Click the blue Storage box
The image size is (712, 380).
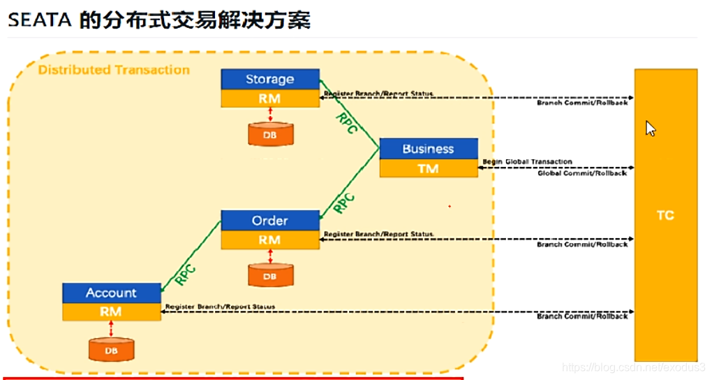[269, 79]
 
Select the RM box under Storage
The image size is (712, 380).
[269, 98]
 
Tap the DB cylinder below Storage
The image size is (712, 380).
[269, 134]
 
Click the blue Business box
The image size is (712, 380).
[428, 148]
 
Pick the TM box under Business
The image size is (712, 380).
[428, 168]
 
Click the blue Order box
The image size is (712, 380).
[269, 220]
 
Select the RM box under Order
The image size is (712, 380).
[269, 240]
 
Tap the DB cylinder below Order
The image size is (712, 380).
[269, 275]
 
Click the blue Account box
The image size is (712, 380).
[111, 293]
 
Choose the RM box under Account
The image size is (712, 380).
[111, 312]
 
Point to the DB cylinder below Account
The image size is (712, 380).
[111, 349]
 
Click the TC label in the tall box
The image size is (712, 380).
[665, 215]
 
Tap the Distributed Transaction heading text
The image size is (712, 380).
[114, 70]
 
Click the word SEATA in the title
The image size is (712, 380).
[40, 20]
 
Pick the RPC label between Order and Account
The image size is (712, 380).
[186, 273]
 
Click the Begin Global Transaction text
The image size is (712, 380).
[527, 161]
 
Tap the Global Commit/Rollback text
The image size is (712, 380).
[582, 173]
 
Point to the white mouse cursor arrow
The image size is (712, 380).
[650, 129]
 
